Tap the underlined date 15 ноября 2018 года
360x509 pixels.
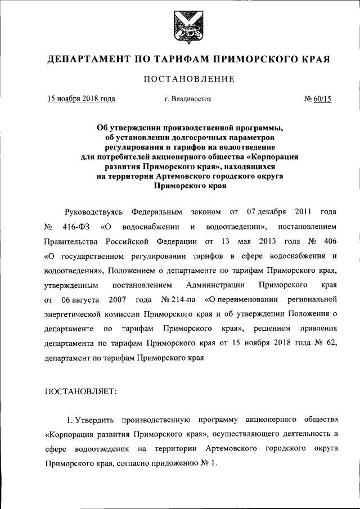coord(81,99)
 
